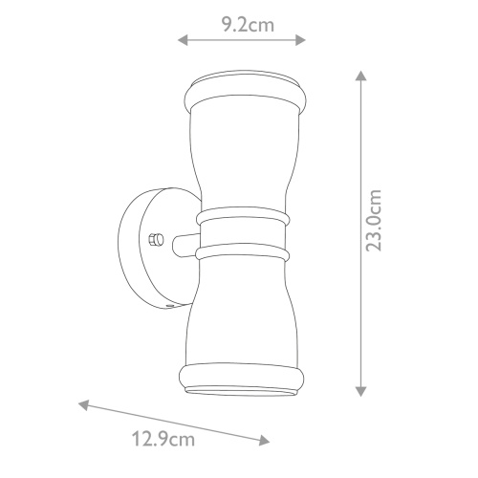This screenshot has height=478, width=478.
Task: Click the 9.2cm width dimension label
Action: [248, 25]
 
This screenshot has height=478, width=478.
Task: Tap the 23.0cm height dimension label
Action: [374, 220]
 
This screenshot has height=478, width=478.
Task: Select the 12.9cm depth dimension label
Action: [163, 439]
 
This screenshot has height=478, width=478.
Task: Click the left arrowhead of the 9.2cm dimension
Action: [183, 40]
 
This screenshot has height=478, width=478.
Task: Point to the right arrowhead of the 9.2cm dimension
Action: [301, 40]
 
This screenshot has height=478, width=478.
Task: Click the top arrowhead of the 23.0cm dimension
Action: [360, 76]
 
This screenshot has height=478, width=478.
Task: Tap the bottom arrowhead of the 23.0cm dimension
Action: [360, 391]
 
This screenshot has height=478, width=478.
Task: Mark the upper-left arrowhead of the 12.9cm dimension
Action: [83, 404]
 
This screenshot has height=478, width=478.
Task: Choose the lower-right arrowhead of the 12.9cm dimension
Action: [265, 441]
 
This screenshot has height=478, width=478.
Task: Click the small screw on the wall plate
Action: [156, 239]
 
